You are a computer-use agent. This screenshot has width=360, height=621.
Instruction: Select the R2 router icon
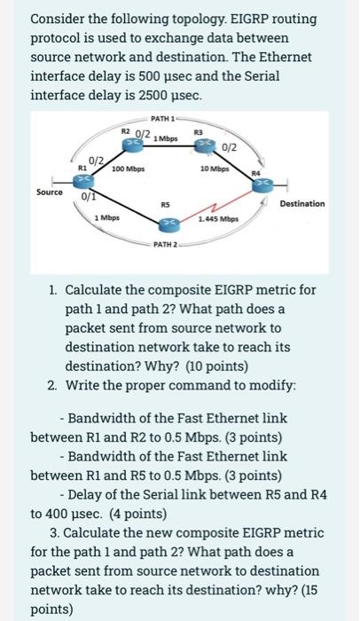[x=129, y=140]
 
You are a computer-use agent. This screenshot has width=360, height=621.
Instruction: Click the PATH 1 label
[x=164, y=118]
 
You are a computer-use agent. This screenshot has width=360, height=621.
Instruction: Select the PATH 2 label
[x=166, y=243]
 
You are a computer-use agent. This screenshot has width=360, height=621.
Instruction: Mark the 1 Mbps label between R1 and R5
[x=107, y=216]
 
